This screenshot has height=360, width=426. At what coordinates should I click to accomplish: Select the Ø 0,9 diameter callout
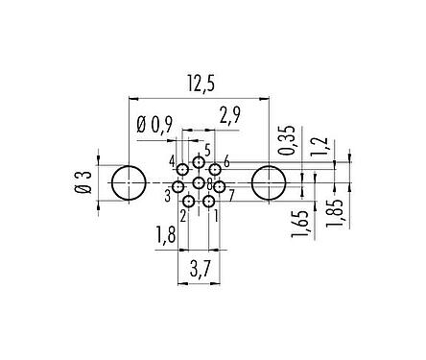coord(154,125)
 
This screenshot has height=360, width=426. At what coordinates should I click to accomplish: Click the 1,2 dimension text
coord(319,146)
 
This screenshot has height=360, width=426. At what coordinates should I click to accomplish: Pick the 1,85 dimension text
coord(335,213)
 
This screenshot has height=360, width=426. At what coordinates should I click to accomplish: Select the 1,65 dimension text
coord(299,224)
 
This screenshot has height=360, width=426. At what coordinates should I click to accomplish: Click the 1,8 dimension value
coord(166,234)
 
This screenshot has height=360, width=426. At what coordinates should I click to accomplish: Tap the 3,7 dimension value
coord(200,271)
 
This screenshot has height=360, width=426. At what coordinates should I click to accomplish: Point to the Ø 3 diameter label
coord(83,182)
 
